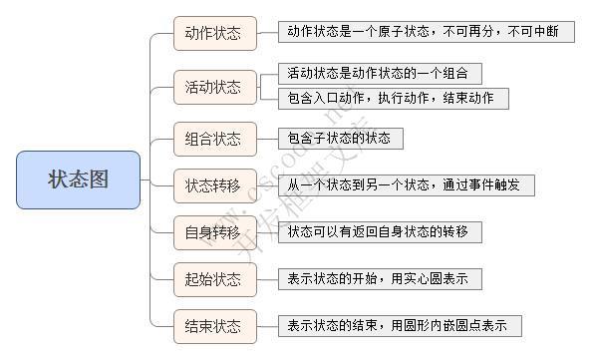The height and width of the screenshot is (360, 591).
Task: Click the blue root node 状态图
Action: pyautogui.click(x=78, y=180)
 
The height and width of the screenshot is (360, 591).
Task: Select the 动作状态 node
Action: pyautogui.click(x=213, y=33)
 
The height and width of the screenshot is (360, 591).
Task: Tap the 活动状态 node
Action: pyautogui.click(x=213, y=87)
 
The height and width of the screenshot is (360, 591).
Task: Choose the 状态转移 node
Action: pyautogui.click(x=213, y=185)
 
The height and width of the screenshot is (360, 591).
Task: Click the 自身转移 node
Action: pyautogui.click(x=213, y=232)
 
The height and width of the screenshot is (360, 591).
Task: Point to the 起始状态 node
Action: pyautogui.click(x=213, y=279)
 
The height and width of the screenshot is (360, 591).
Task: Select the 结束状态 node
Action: pyautogui.click(x=213, y=326)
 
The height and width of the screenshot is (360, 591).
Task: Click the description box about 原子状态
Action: pyautogui.click(x=426, y=32)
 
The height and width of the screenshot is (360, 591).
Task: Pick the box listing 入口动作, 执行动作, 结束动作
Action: pyautogui.click(x=394, y=98)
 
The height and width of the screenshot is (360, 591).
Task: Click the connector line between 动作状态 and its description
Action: pyautogui.click(x=266, y=33)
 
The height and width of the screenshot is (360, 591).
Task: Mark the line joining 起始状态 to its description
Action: pyautogui.click(x=266, y=279)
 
